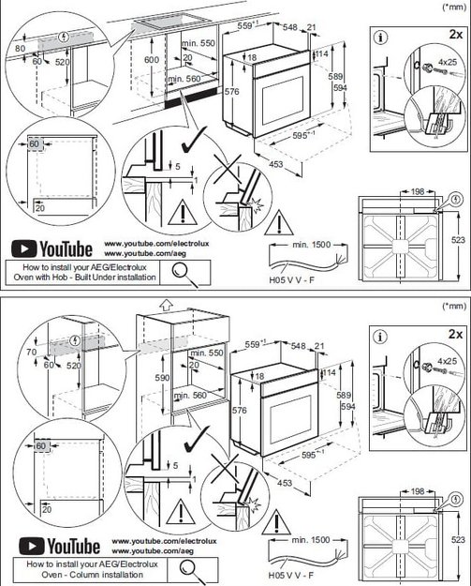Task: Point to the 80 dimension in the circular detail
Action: click(x=21, y=47)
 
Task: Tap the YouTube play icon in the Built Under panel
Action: click(x=22, y=249)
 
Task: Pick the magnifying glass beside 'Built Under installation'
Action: click(x=181, y=272)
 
